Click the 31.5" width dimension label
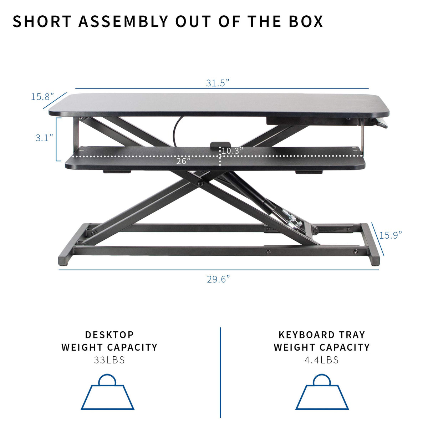pos(217,83)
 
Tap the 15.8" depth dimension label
pos(42,97)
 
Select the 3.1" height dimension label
pos(44,138)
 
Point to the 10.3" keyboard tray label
pos(232,151)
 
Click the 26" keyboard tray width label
pos(183,161)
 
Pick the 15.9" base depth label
pos(390,235)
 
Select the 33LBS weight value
pos(109,360)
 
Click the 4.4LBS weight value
pos(321,360)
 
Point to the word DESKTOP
pos(109,335)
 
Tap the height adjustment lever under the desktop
pos(379,124)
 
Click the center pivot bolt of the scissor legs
pos(200,184)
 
